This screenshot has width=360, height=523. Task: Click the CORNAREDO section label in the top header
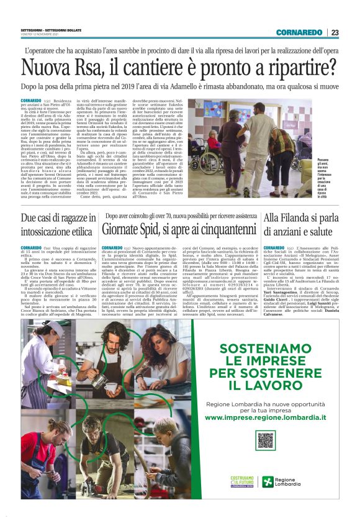[300, 33]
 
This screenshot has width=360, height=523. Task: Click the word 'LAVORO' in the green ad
[266, 385]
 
